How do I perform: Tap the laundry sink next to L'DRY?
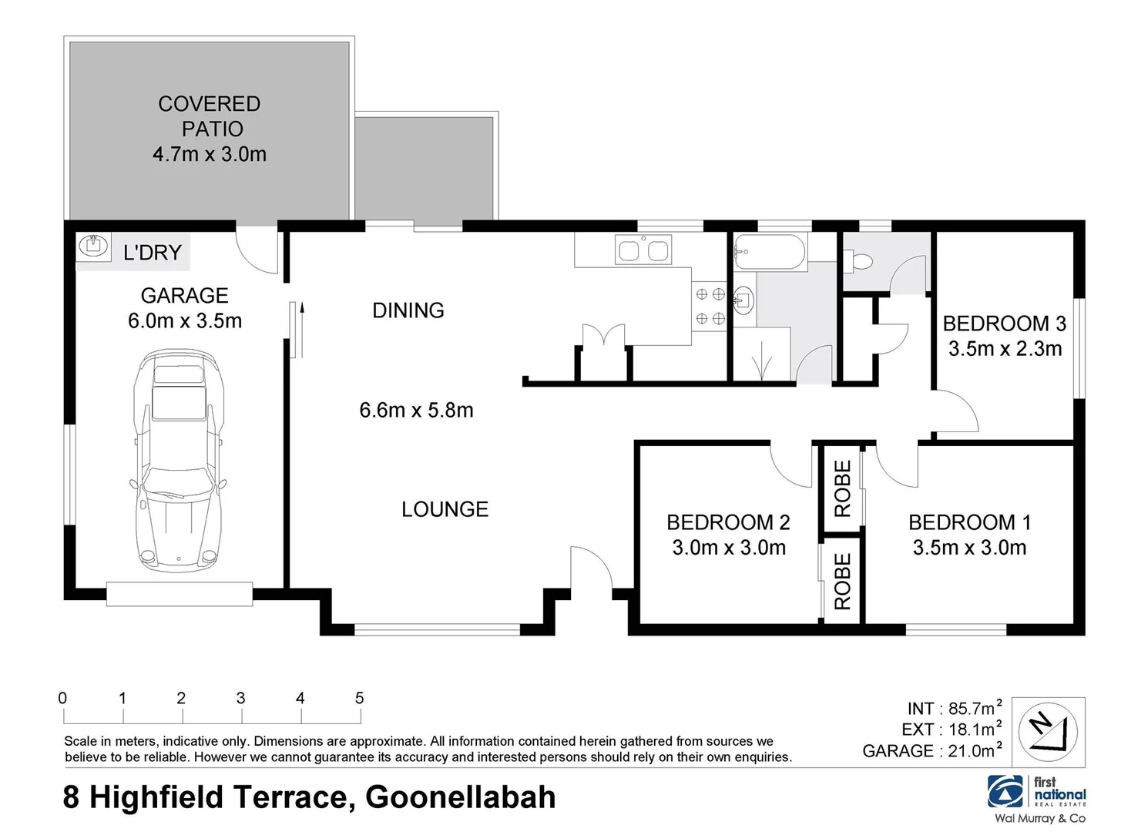coord(92,247)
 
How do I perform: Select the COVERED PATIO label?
coord(210,116)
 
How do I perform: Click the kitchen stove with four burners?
coord(710,306)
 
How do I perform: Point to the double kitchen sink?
coord(643,251)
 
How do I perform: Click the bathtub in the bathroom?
coord(769,252)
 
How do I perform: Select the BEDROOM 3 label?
coord(1004,324)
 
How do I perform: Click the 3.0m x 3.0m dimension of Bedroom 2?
coord(729,548)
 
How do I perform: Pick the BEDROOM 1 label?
coord(969,522)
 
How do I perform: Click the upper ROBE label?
coord(843,488)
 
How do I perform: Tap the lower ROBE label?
coord(843,582)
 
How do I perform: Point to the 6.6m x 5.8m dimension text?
coord(416,410)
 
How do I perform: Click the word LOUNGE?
coord(445,509)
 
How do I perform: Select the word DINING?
coord(408,310)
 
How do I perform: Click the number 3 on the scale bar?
coord(240,698)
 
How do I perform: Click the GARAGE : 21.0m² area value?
coord(931,750)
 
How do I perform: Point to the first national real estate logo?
coord(1037,798)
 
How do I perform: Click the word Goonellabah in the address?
coord(460,797)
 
